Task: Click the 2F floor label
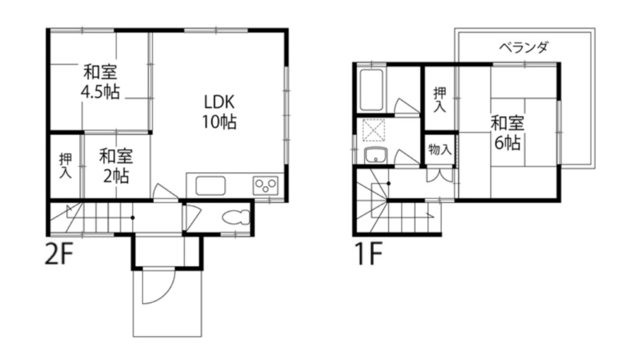point(58,255)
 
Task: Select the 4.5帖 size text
point(100,92)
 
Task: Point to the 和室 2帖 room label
point(116,167)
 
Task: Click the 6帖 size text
point(508,142)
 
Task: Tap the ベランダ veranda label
point(524,48)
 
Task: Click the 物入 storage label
point(440,150)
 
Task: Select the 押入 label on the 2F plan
point(65,165)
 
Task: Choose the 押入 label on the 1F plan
point(440,100)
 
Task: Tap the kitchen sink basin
point(210,186)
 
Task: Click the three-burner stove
point(266,186)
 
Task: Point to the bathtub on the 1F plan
point(371,90)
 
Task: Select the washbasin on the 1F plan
point(376,155)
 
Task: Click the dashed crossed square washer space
point(374,130)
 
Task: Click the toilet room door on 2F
point(192,218)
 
